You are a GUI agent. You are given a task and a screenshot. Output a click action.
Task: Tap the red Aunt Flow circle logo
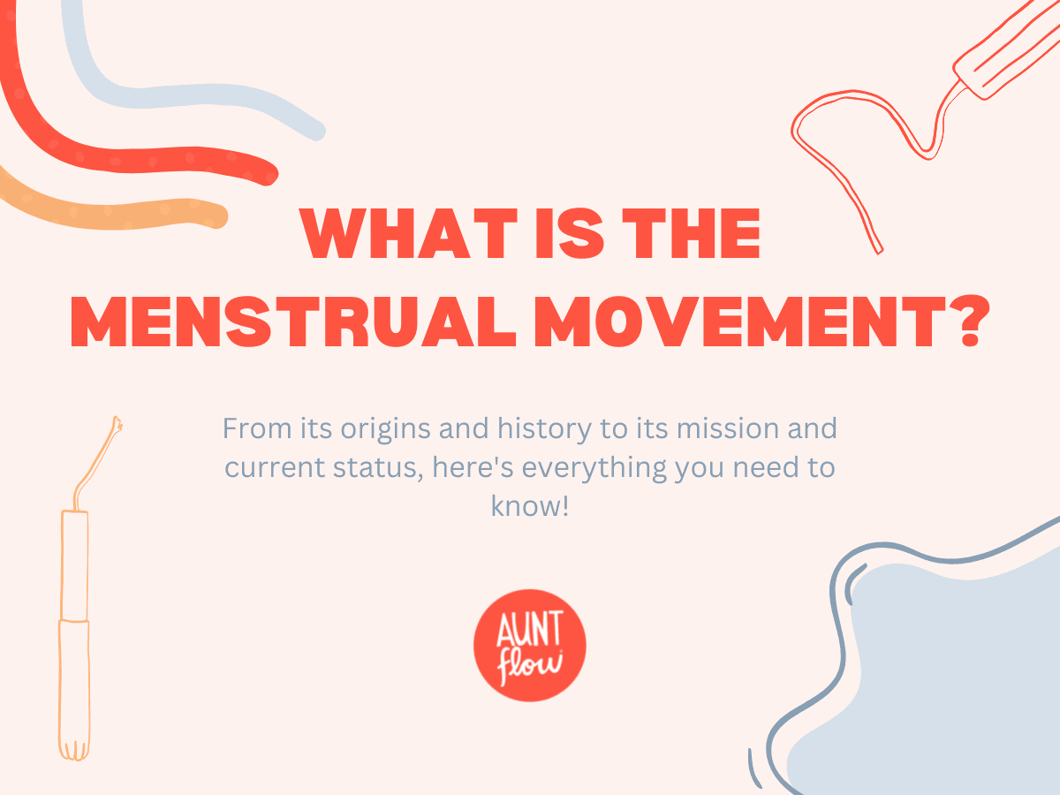pyautogui.click(x=530, y=646)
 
